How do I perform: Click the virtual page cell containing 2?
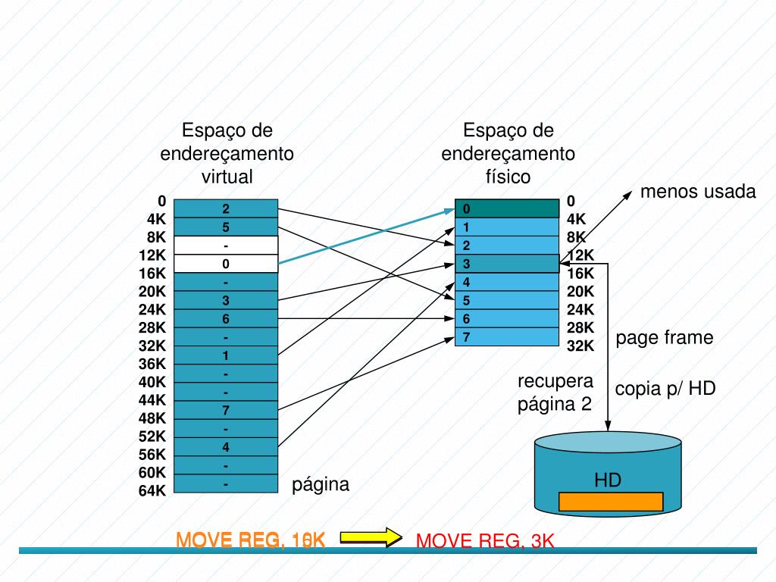tap(226, 208)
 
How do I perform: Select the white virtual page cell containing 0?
tap(226, 264)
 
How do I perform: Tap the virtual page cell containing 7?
tap(226, 411)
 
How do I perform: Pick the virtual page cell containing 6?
tap(226, 319)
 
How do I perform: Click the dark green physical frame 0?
tap(507, 208)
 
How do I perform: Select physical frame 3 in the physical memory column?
tap(507, 264)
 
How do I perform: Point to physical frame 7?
tap(507, 337)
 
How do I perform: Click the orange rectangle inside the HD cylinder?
tap(611, 502)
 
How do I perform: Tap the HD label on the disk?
tap(608, 480)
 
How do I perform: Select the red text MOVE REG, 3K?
tap(486, 541)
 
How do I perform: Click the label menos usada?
tap(698, 192)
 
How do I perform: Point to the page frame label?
tap(665, 337)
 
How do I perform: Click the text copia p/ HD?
tap(665, 389)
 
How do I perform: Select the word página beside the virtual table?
tap(321, 484)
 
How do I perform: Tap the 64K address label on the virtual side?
tap(152, 491)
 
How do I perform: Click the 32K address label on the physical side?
tap(580, 346)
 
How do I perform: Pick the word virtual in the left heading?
tap(227, 177)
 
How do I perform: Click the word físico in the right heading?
tap(508, 177)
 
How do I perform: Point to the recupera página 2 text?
tap(555, 392)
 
